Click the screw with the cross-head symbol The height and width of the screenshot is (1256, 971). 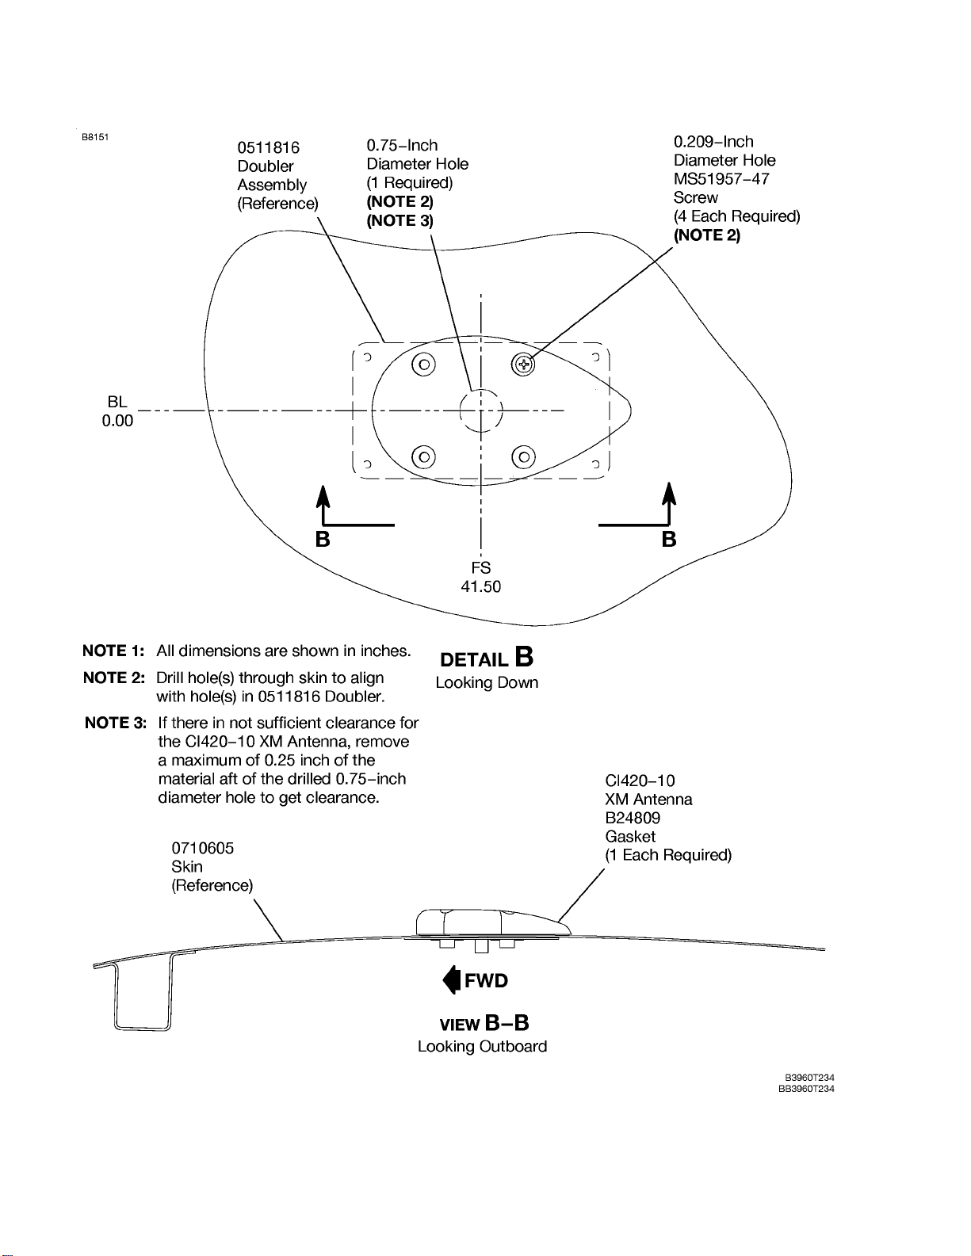pyautogui.click(x=523, y=365)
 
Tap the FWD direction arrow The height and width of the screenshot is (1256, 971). pyautogui.click(x=452, y=980)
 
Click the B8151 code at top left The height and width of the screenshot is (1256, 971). pyautogui.click(x=95, y=136)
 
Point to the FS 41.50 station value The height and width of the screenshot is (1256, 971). pyautogui.click(x=481, y=586)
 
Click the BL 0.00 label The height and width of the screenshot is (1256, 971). pyautogui.click(x=117, y=411)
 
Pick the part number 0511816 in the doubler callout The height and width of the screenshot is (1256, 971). pyautogui.click(x=269, y=147)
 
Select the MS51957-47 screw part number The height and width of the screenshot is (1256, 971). pyautogui.click(x=721, y=179)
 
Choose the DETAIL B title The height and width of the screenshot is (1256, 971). pyautogui.click(x=486, y=659)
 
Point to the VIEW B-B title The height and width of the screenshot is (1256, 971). pyautogui.click(x=484, y=1023)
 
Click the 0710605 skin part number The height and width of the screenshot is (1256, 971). pyautogui.click(x=203, y=848)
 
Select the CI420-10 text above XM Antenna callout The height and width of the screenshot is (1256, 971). pyautogui.click(x=640, y=781)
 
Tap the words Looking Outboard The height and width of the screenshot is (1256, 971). pyautogui.click(x=482, y=1046)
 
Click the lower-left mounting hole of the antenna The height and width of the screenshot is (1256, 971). pyautogui.click(x=424, y=457)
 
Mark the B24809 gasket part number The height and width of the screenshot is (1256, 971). pyautogui.click(x=633, y=818)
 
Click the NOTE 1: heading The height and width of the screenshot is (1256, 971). pyautogui.click(x=113, y=651)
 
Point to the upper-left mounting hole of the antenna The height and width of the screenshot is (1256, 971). pyautogui.click(x=424, y=365)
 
